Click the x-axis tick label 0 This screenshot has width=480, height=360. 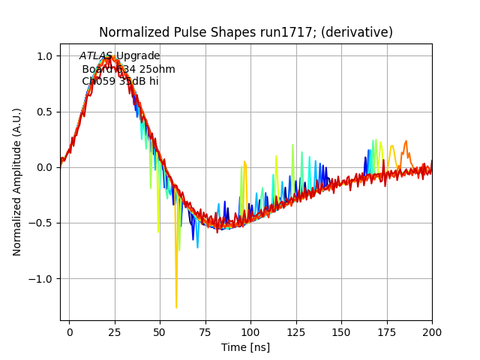[x=70, y=331]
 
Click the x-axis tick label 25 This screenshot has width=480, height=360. [x=115, y=331]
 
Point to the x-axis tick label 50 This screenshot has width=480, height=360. [x=160, y=331]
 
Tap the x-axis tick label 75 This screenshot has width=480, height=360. [x=205, y=331]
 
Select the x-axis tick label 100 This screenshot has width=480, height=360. [x=250, y=331]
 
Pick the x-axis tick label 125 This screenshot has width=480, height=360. [x=296, y=331]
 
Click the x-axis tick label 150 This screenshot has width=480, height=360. [x=341, y=331]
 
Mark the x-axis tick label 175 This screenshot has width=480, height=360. [x=387, y=331]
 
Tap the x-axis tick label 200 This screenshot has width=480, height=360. [x=432, y=331]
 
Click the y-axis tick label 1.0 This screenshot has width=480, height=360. [x=44, y=56]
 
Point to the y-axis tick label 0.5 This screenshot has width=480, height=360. [x=44, y=112]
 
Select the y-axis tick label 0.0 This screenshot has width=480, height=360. [x=44, y=167]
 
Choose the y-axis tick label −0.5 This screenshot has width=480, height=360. [x=41, y=223]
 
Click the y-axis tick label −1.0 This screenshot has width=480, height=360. [x=41, y=278]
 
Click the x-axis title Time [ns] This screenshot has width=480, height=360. [x=245, y=347]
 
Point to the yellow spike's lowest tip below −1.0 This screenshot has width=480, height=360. [x=176, y=307]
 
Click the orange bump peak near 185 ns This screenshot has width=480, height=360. [x=406, y=141]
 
